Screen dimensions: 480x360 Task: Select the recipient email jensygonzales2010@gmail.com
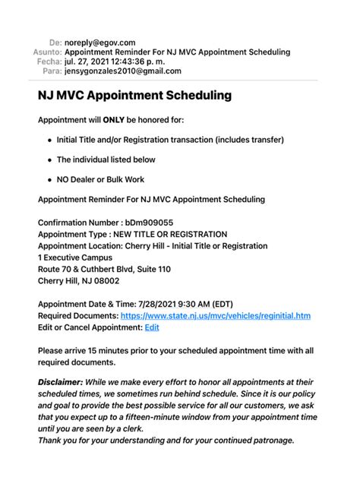click(123, 71)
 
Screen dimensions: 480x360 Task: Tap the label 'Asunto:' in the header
click(46, 52)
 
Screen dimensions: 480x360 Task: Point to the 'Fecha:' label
click(49, 62)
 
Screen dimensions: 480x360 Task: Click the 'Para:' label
click(51, 71)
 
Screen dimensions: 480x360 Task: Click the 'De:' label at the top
click(55, 43)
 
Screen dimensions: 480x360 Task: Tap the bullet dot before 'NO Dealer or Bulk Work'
click(49, 180)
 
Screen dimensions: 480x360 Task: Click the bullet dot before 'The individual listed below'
click(49, 160)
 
